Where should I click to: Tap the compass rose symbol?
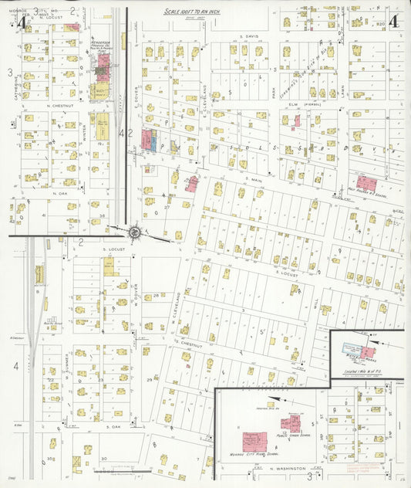tap(134, 232)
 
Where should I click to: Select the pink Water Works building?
tap(368, 352)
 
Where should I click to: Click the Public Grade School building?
tap(291, 423)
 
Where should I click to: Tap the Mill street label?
tap(316, 296)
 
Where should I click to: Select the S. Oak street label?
tap(113, 426)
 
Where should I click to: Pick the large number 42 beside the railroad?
tap(126, 132)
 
